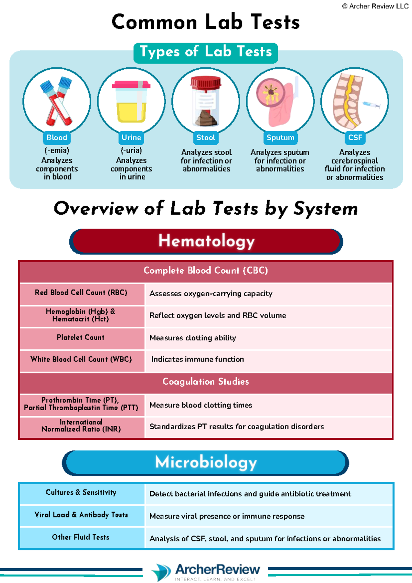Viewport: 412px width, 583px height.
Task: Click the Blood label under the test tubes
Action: click(56, 138)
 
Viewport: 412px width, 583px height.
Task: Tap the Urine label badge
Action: click(131, 138)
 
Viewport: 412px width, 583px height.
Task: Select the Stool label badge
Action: click(206, 138)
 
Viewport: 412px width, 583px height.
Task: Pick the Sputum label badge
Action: click(280, 138)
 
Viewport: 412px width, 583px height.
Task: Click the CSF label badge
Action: click(355, 138)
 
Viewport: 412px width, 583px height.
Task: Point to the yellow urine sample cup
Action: click(131, 102)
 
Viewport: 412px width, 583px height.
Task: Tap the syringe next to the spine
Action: click(371, 105)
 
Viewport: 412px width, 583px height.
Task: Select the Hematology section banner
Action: click(206, 241)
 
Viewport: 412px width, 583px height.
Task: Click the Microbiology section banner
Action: click(205, 463)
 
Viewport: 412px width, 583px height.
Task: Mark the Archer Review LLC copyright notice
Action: click(375, 6)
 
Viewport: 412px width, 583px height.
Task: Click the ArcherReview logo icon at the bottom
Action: click(161, 572)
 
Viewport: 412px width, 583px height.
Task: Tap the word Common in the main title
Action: click(154, 22)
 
